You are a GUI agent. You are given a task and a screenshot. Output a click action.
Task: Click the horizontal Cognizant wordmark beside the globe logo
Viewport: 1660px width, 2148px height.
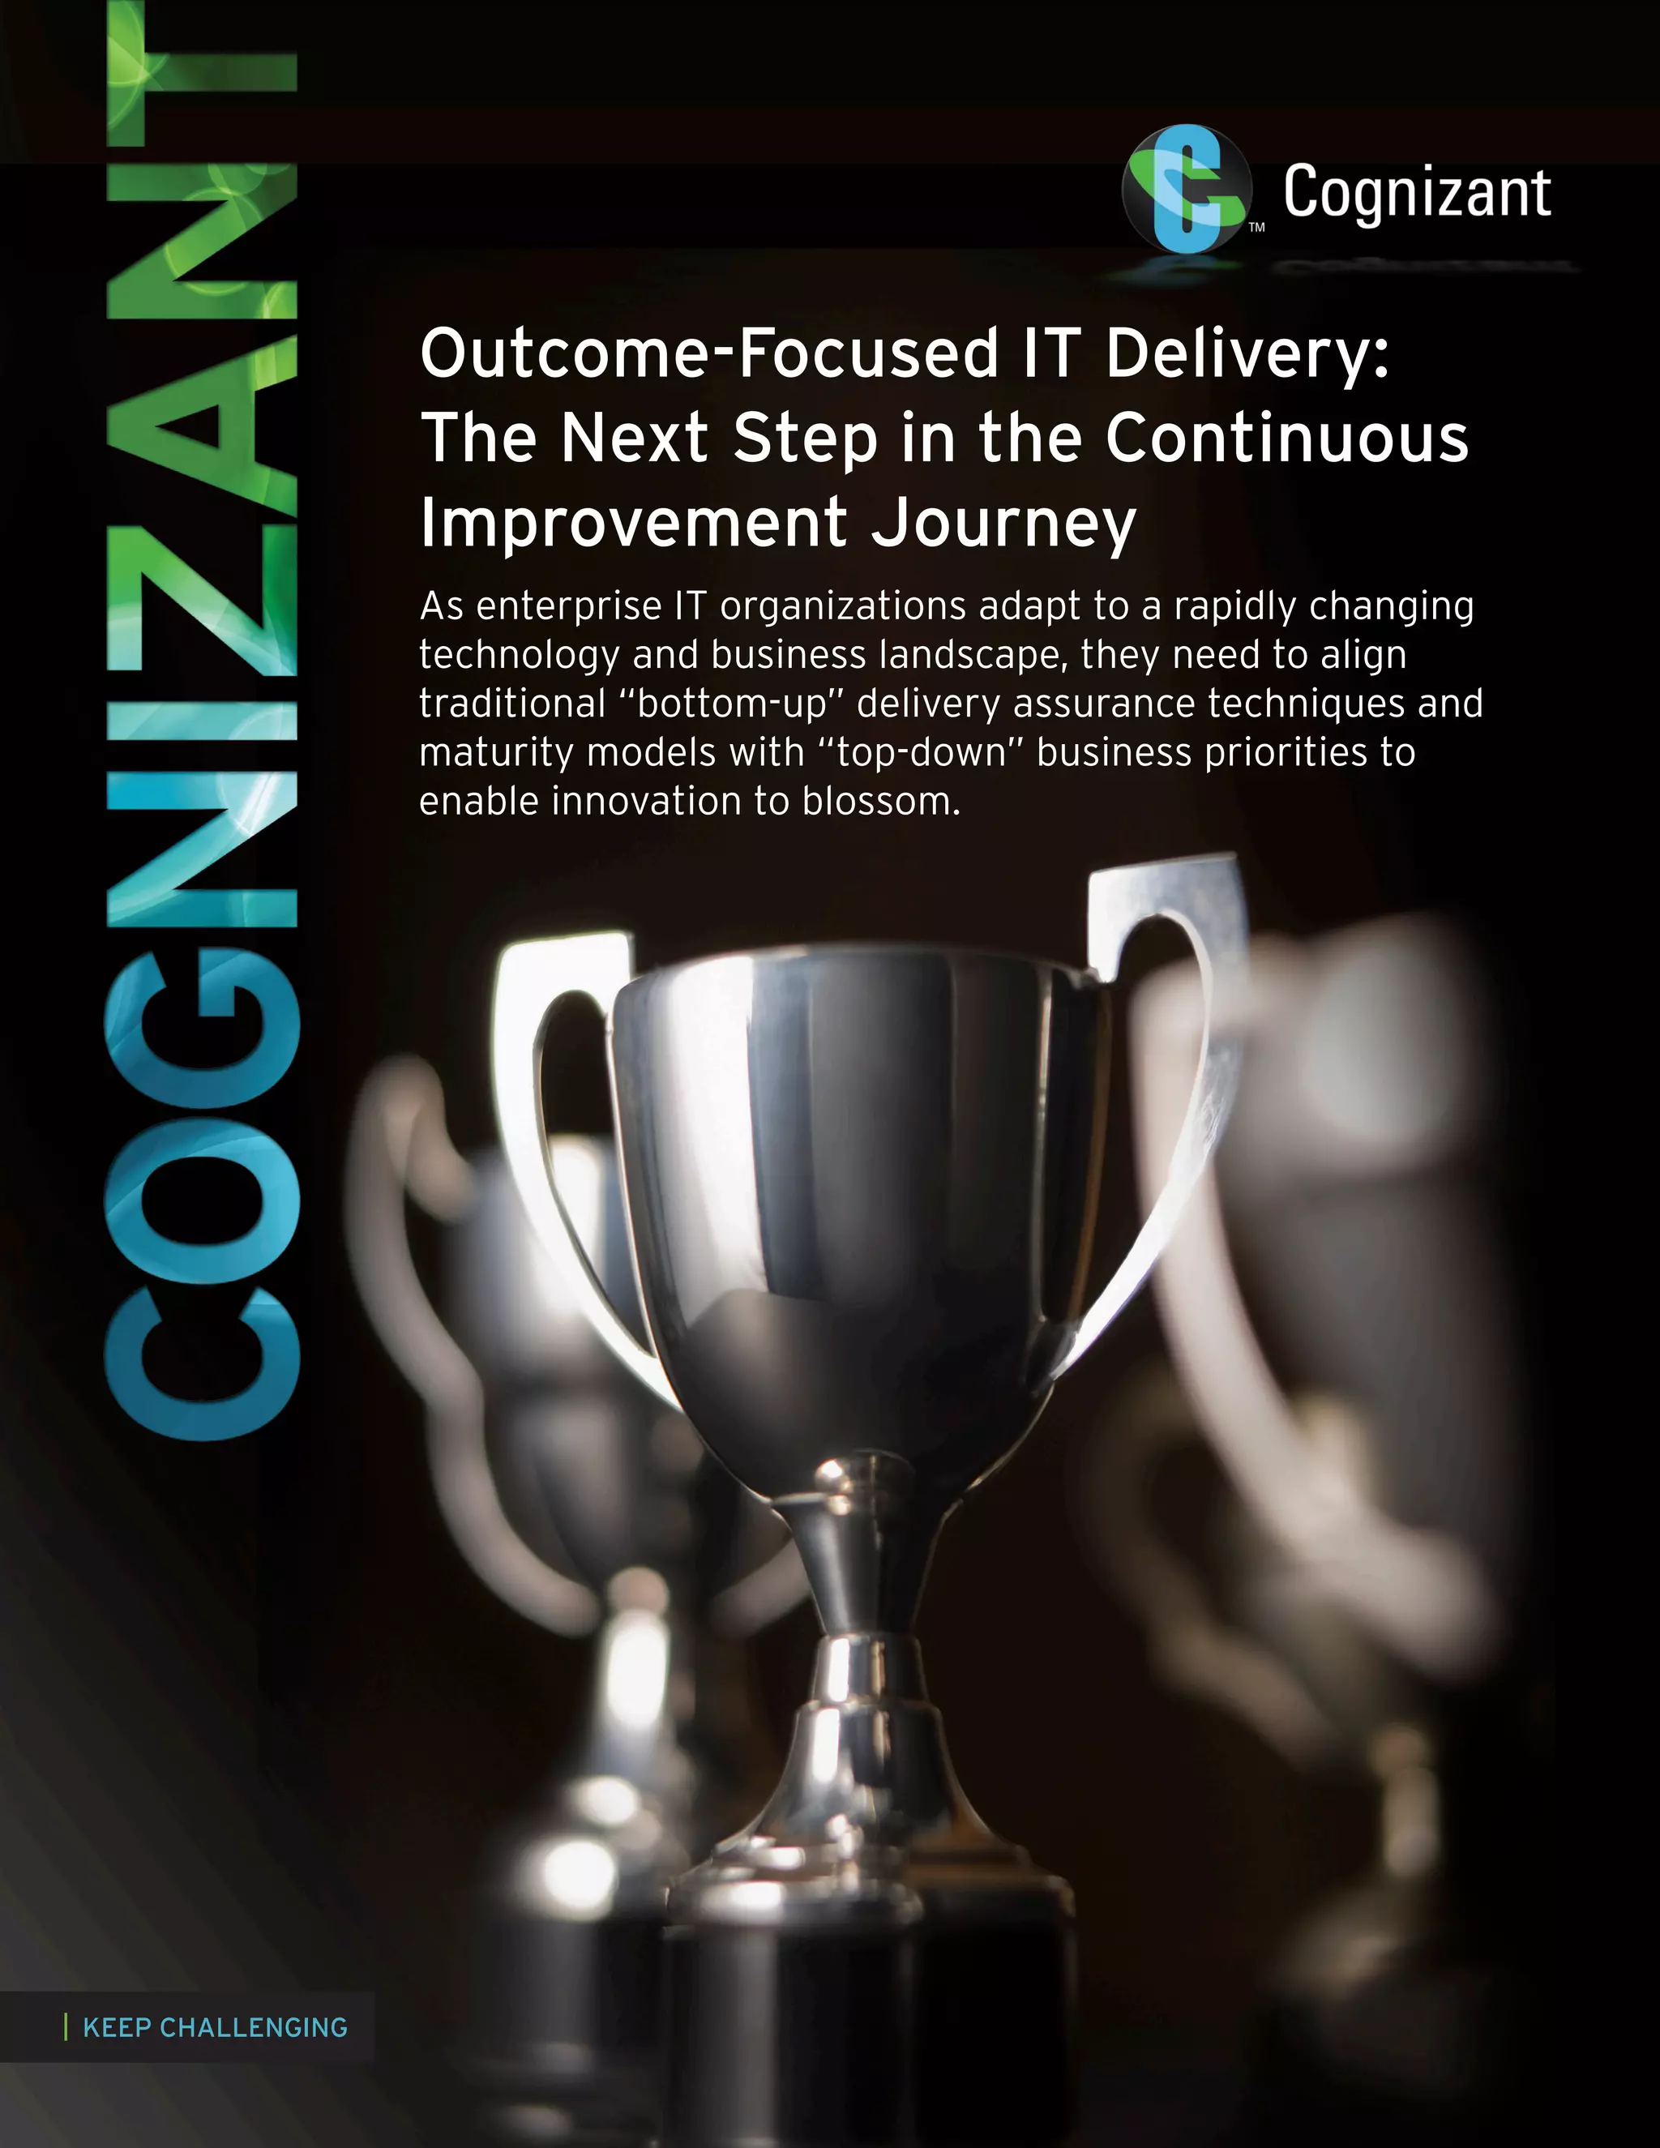click(1416, 194)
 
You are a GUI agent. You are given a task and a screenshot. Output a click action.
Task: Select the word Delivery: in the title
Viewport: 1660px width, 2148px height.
click(1247, 354)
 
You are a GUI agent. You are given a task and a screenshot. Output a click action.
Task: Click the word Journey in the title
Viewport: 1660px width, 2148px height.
click(1003, 524)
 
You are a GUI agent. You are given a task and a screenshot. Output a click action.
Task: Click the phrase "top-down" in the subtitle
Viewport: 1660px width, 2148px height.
click(918, 753)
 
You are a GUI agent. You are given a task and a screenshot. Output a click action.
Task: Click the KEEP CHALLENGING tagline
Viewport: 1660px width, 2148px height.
click(214, 2028)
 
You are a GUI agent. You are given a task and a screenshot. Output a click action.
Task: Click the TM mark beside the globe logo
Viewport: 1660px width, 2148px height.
click(1257, 229)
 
